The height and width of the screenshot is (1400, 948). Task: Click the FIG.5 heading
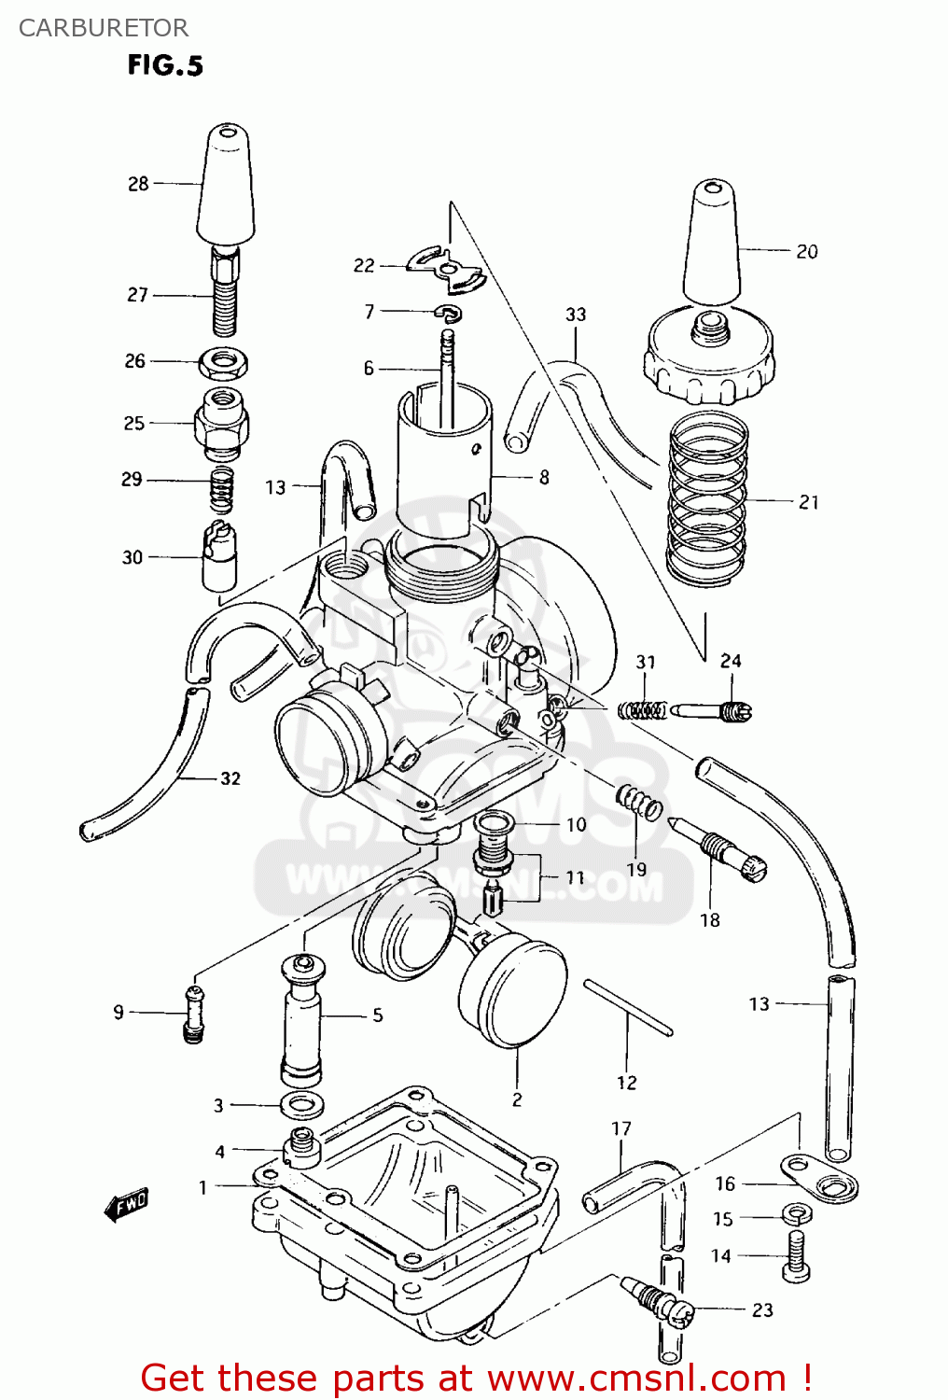click(x=165, y=65)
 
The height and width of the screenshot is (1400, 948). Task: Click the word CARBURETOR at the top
click(x=103, y=28)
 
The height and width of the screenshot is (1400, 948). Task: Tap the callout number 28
click(x=138, y=184)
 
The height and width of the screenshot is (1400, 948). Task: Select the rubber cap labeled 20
click(x=712, y=243)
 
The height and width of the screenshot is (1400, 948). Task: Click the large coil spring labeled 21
click(x=707, y=499)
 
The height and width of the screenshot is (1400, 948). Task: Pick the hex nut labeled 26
click(x=223, y=361)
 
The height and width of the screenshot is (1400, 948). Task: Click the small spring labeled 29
click(x=221, y=490)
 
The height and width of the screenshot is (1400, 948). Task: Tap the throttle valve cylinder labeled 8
click(x=443, y=457)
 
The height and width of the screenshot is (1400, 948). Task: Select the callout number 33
click(x=576, y=315)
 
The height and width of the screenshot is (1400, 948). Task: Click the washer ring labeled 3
click(x=302, y=1105)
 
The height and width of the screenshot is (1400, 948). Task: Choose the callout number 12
click(x=626, y=1083)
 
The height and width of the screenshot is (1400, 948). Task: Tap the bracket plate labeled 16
click(x=819, y=1179)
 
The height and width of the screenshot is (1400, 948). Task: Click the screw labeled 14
click(x=796, y=1255)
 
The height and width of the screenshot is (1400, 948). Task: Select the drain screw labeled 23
click(x=659, y=1300)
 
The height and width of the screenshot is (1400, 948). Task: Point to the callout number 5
click(x=377, y=1015)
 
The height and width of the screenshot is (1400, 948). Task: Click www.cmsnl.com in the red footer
click(x=636, y=1378)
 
